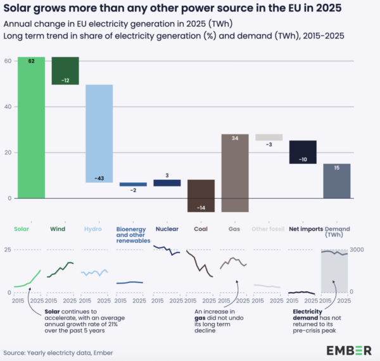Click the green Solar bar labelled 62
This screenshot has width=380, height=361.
pyautogui.click(x=30, y=127)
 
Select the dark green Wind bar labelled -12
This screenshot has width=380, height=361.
pyautogui.click(x=65, y=70)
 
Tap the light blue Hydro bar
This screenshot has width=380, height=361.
pyautogui.click(x=99, y=133)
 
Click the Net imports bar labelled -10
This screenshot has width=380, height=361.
pyautogui.click(x=303, y=152)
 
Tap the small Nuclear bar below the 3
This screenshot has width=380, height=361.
pyautogui.click(x=167, y=183)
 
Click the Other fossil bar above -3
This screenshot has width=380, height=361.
pyautogui.click(x=269, y=137)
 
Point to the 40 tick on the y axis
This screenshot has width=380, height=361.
pyautogui.click(x=8, y=106)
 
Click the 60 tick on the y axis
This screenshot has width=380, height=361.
pyautogui.click(x=8, y=61)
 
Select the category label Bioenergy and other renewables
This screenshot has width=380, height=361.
pyautogui.click(x=133, y=234)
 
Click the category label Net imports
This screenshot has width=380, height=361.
pyautogui.click(x=305, y=229)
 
